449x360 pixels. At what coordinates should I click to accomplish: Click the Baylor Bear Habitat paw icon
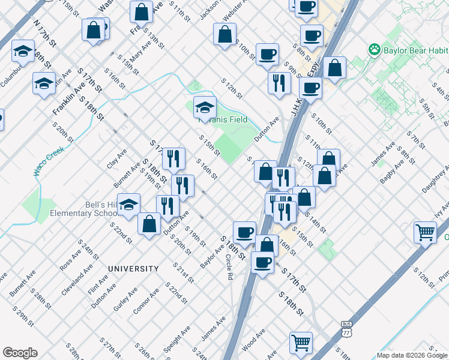click(375, 49)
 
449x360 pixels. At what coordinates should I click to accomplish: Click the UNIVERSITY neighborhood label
click(133, 269)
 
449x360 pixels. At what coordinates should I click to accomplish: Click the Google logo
click(20, 352)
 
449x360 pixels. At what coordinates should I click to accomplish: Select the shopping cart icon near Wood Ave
click(301, 343)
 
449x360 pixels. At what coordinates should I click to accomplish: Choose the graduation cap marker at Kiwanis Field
click(205, 107)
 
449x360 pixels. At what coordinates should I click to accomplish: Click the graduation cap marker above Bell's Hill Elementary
click(128, 205)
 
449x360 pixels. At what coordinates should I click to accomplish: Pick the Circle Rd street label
click(229, 268)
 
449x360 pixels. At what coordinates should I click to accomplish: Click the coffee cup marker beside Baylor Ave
click(244, 233)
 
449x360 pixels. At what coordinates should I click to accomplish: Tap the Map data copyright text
click(411, 355)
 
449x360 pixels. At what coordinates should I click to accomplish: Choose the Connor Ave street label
click(146, 301)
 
